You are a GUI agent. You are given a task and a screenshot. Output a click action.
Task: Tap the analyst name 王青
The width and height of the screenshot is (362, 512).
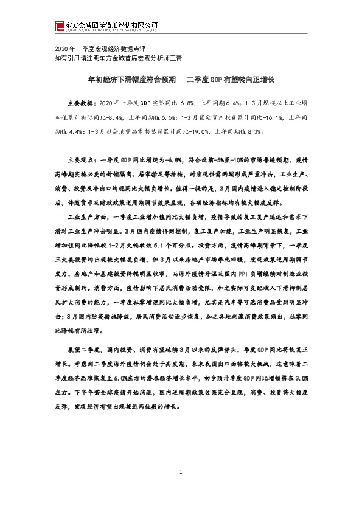coord(176,58)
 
